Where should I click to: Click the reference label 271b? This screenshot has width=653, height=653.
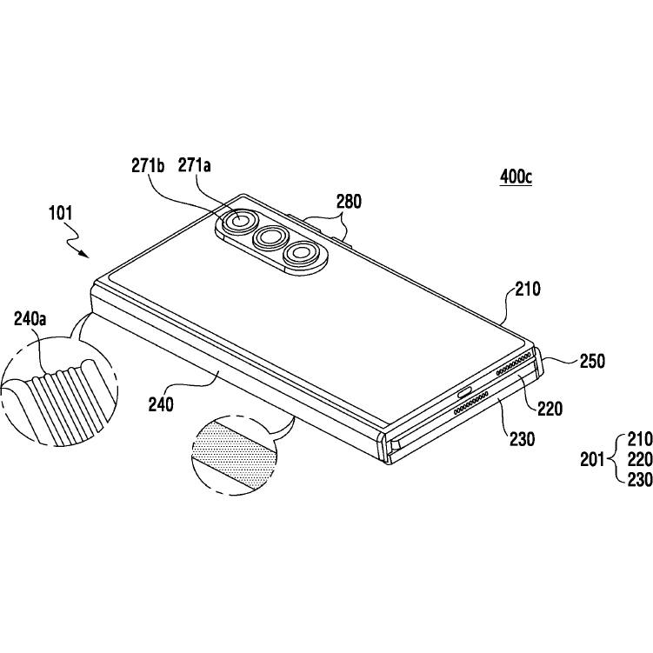point(148,166)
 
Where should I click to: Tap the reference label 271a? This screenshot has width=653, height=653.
point(195,166)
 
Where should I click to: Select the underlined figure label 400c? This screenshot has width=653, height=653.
point(516,177)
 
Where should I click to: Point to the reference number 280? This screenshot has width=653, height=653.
point(349,202)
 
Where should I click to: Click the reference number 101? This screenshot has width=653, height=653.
point(61,213)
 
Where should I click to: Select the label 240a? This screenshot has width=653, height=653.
point(30,319)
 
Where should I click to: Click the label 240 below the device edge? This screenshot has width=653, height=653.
point(161,404)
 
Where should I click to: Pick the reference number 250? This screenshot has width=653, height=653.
point(593,361)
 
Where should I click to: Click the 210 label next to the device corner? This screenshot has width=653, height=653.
point(528,289)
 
